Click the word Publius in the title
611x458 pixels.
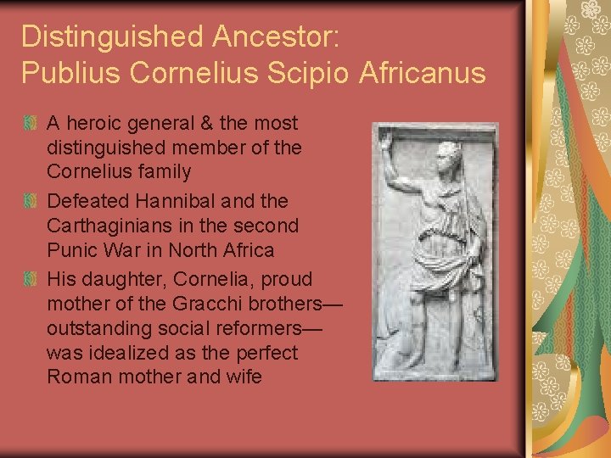[71, 73]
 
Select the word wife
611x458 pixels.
[240, 376]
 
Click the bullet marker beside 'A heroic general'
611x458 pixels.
[31, 124]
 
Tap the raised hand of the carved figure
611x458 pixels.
[387, 139]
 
